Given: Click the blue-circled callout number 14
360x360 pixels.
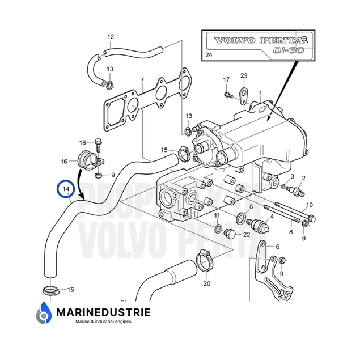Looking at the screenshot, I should point(66,189).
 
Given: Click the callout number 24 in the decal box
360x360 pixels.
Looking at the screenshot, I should point(209,55).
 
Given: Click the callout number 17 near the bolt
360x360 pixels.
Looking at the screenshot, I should point(226,79).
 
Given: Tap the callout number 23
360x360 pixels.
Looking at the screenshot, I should point(244,75).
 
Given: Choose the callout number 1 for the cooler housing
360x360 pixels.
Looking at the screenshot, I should point(260,92).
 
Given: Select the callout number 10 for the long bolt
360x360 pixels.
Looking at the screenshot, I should point(309,205).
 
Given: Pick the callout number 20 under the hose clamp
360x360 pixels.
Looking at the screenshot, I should point(206,283).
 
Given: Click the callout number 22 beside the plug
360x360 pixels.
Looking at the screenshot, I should point(247,235).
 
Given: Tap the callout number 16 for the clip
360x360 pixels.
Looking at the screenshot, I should point(64,162).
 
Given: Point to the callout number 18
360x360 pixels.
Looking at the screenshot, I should point(82,142).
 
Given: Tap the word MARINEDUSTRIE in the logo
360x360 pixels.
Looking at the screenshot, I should point(103,311).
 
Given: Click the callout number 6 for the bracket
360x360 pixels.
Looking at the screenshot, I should point(277,247).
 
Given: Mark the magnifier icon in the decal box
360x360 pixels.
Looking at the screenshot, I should point(304,39).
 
